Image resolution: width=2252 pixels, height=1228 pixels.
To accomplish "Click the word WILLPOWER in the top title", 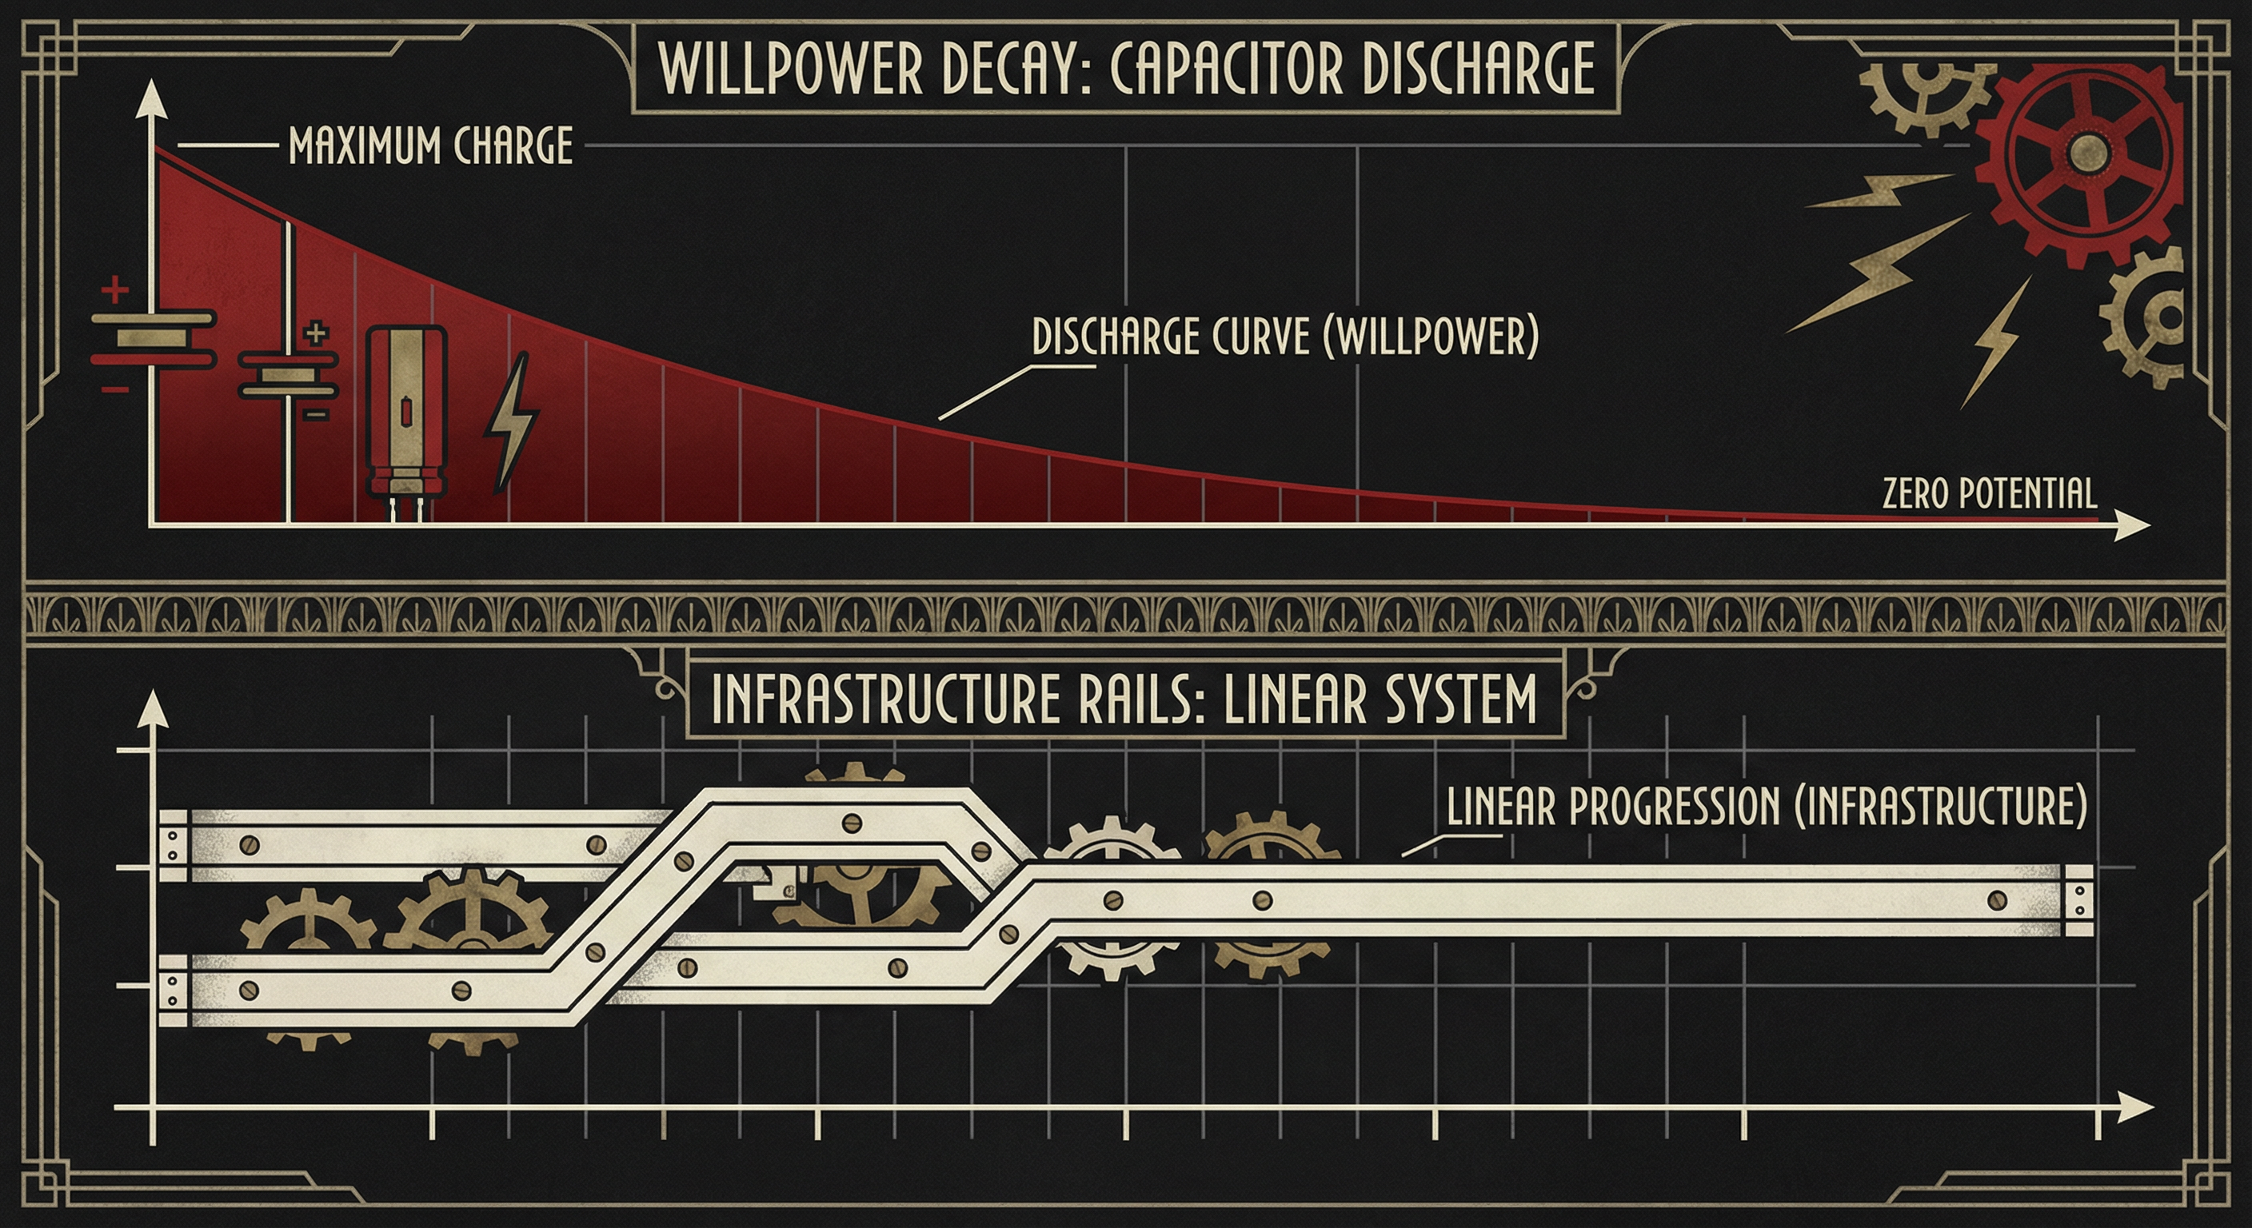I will tap(790, 69).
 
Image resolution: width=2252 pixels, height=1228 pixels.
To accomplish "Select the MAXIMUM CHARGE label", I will tap(430, 146).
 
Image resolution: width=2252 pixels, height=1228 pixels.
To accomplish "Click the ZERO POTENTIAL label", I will tap(1989, 494).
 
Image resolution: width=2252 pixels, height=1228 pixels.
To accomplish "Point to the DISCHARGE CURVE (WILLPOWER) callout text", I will tap(1284, 337).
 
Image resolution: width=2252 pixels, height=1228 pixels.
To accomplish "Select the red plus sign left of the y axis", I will tap(114, 289).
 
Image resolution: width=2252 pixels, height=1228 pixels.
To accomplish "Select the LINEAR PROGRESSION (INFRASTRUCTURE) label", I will tap(1766, 806).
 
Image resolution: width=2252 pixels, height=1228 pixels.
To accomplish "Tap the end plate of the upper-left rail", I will tap(173, 844).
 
